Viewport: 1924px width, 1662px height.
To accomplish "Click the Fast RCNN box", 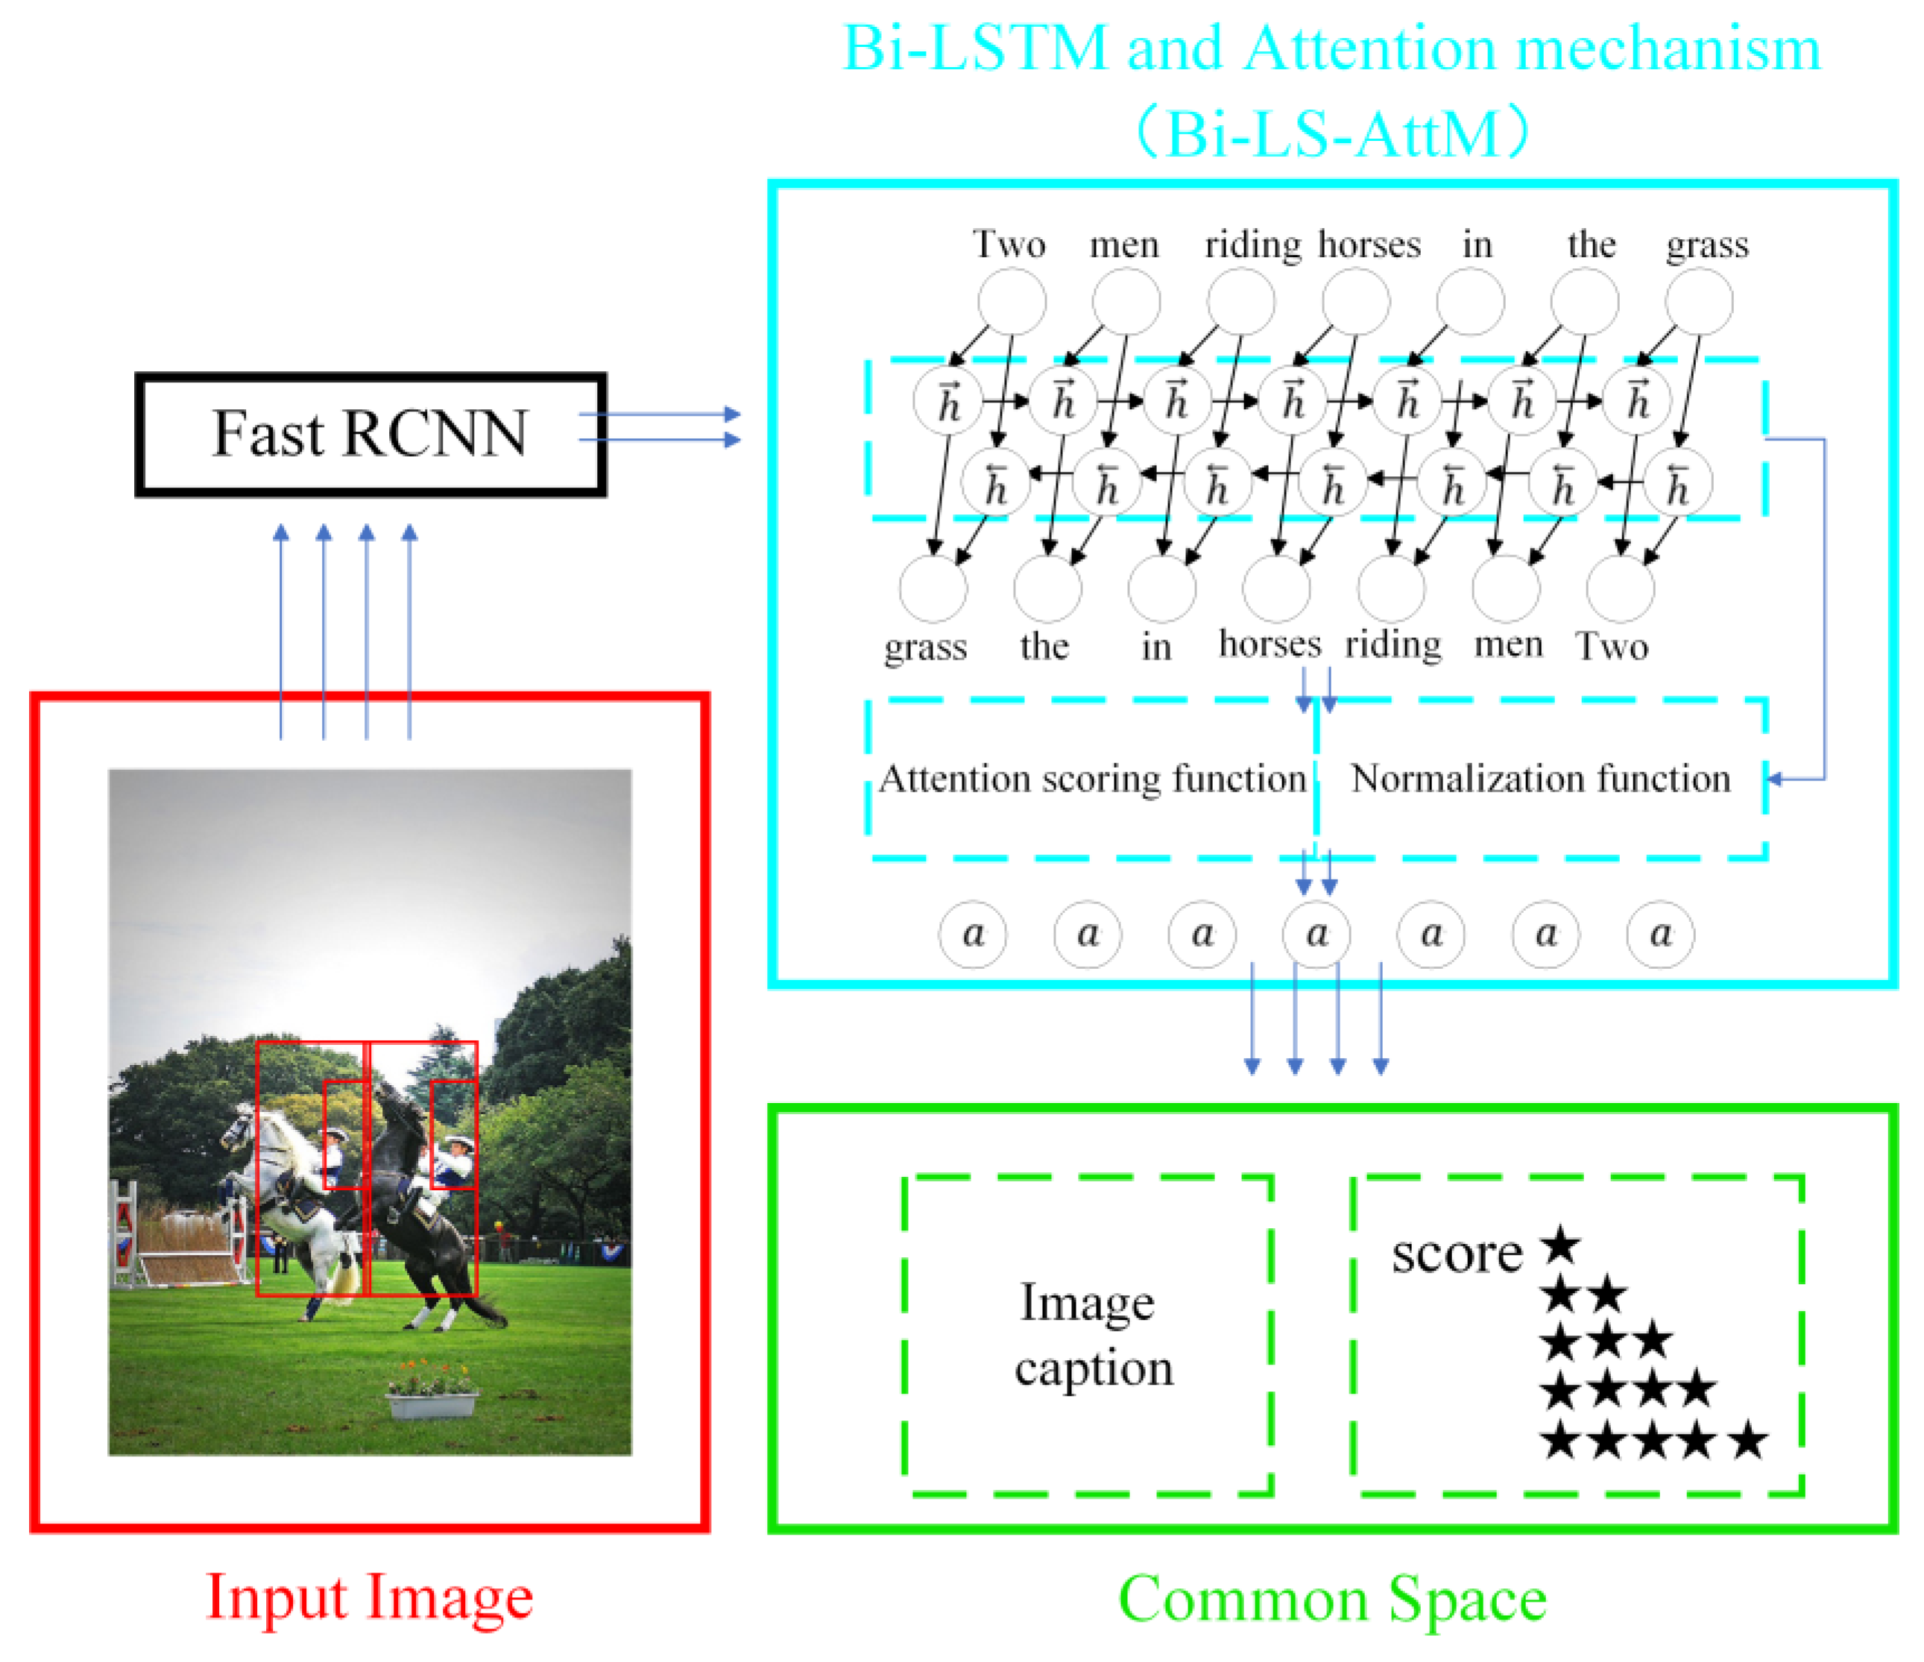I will [370, 435].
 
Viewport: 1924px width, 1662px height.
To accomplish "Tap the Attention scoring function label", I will [1092, 779].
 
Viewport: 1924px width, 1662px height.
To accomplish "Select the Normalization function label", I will [1539, 779].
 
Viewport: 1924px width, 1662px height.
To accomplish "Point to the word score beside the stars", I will [1456, 1254].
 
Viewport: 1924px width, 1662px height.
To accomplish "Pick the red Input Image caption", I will [370, 1597].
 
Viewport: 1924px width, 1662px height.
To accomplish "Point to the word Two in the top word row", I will [1009, 245].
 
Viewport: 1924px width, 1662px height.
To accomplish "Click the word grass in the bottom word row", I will [925, 647].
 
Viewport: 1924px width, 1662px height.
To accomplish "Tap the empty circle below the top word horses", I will [1356, 302].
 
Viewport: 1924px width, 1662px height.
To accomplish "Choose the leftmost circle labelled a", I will [972, 934].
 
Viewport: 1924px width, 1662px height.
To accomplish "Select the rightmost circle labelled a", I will [1660, 934].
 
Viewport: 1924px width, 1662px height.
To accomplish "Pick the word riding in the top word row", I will [1252, 245].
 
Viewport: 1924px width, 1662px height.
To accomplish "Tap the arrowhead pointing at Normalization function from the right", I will [1773, 779].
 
